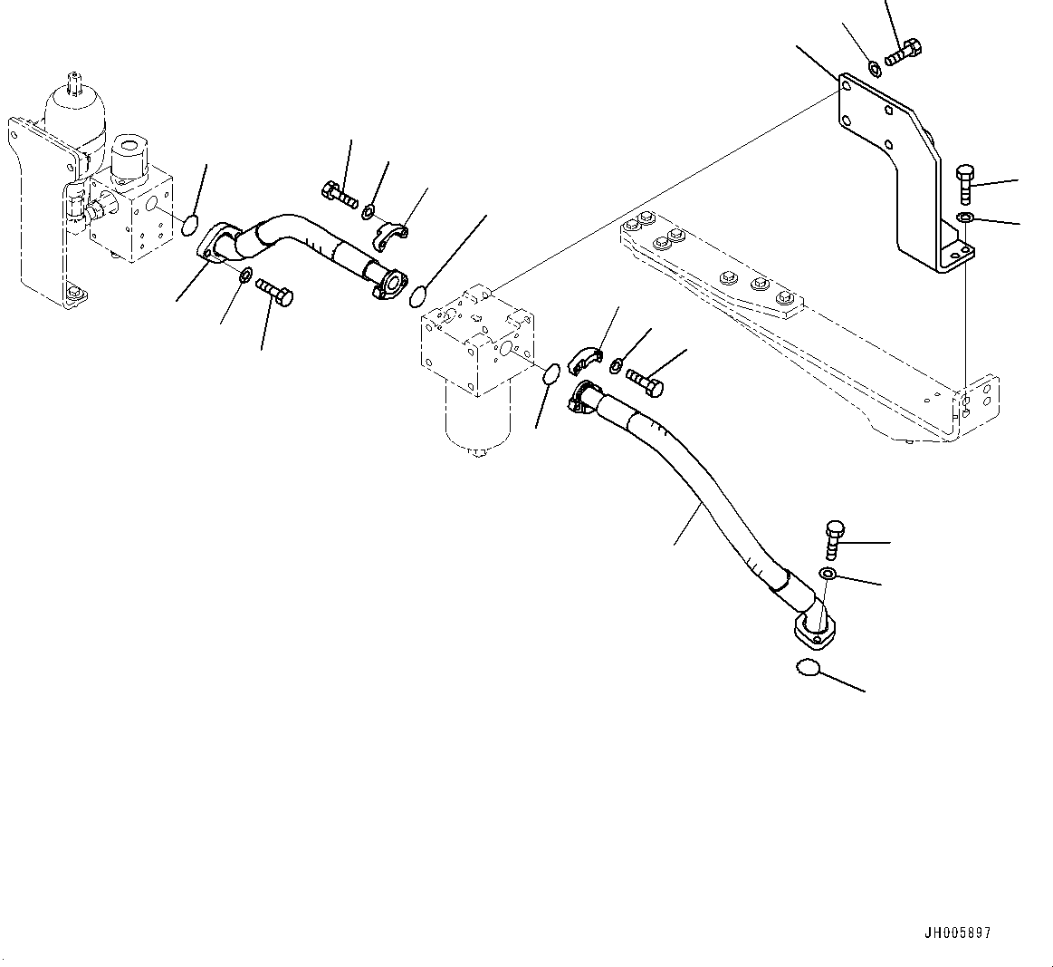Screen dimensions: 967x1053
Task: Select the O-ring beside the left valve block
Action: point(190,225)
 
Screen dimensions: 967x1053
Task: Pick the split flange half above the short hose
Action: point(392,232)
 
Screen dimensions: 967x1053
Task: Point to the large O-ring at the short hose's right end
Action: point(419,295)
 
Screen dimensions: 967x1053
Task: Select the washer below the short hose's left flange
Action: point(246,275)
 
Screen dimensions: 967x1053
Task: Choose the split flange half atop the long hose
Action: point(585,356)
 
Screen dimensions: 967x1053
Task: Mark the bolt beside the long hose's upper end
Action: point(645,381)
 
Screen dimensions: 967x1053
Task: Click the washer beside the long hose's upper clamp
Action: point(617,365)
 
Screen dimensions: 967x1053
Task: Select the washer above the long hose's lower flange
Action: point(828,574)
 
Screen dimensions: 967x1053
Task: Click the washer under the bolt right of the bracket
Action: point(966,217)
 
